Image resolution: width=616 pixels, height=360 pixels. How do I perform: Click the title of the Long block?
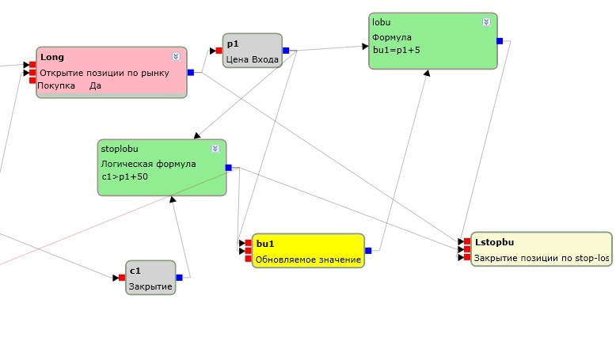[52, 57]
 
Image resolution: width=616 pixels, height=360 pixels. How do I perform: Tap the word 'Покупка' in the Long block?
[56, 85]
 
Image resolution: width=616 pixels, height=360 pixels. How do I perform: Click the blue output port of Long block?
[191, 72]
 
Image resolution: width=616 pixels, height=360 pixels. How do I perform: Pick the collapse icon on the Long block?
[176, 57]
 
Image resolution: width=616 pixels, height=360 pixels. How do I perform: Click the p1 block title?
[233, 44]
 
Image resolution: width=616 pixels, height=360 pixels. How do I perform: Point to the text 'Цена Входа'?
[252, 59]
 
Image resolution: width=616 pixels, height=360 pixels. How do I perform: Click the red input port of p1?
[219, 51]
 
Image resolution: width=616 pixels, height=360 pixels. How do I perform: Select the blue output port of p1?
[286, 51]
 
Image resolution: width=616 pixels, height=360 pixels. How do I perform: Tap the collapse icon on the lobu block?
[486, 22]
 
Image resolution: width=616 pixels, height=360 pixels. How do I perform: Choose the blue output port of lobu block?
[500, 40]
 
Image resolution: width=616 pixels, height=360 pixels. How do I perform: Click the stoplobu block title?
[118, 148]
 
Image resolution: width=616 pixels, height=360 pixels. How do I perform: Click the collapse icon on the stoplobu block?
[215, 149]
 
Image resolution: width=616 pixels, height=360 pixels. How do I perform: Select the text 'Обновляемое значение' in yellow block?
[308, 259]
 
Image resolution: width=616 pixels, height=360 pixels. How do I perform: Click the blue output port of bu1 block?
[368, 251]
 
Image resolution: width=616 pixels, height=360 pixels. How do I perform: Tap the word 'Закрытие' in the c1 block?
[150, 286]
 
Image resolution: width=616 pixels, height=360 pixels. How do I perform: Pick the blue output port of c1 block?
[179, 277]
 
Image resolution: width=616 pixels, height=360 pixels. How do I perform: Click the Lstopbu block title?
[494, 243]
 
